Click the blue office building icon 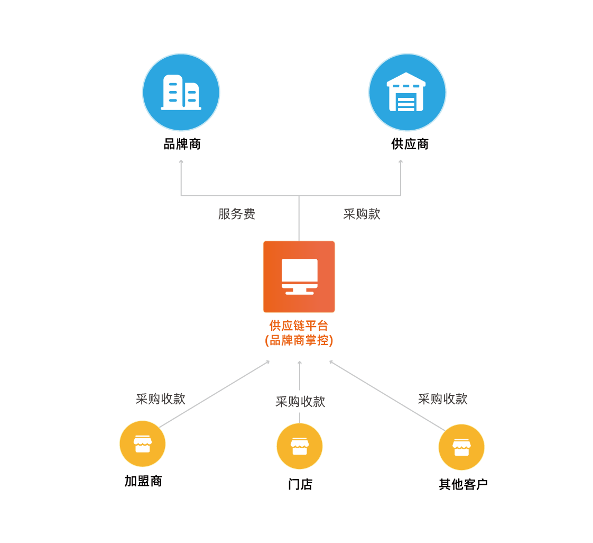181,92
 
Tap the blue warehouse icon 407,92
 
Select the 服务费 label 237,214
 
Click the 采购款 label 362,214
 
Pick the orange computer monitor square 299,276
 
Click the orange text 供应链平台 299,325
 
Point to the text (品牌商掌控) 299,340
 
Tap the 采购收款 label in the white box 300,402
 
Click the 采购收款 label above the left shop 160,399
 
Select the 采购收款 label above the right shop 443,399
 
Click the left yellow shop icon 143,444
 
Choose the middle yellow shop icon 299,446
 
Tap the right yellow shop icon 461,447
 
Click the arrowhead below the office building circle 181,161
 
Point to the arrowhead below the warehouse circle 401,161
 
